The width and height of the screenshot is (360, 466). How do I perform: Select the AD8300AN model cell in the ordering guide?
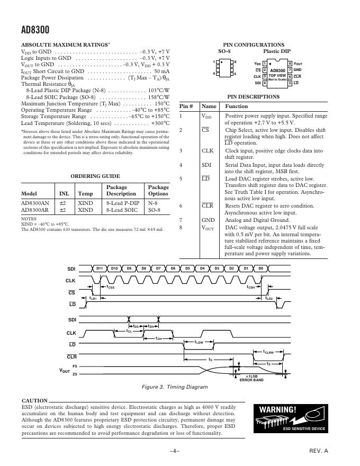pyautogui.click(x=35, y=203)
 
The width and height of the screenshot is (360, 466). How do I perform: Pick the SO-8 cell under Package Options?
pyautogui.click(x=154, y=210)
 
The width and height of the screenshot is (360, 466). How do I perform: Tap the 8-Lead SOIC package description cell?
pyautogui.click(x=122, y=210)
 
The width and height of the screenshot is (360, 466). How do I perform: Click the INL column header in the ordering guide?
pyautogui.click(x=63, y=194)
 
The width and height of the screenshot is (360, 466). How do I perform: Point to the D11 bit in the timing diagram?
pyautogui.click(x=100, y=269)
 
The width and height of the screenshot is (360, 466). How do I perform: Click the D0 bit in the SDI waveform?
pyautogui.click(x=260, y=269)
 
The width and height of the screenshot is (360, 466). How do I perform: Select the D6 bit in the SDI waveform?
pyautogui.click(x=173, y=269)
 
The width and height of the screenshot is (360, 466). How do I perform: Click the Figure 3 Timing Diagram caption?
pyautogui.click(x=178, y=387)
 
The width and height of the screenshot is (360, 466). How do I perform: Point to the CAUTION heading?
pyautogui.click(x=36, y=400)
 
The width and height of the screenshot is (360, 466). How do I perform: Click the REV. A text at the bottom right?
pyautogui.click(x=319, y=451)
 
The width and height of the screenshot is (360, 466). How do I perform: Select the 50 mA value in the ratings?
pyautogui.click(x=161, y=71)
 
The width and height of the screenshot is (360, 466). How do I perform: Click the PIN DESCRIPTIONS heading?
pyautogui.click(x=253, y=97)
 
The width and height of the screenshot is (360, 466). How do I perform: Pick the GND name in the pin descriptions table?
pyautogui.click(x=208, y=219)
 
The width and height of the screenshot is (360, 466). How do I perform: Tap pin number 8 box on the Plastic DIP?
pyautogui.click(x=290, y=64)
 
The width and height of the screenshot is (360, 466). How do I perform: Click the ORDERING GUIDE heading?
pyautogui.click(x=95, y=176)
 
